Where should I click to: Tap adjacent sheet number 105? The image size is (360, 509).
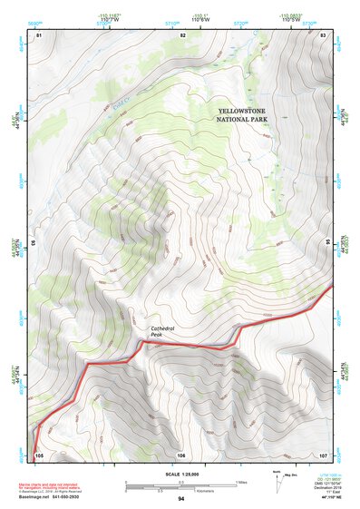pos(39,454)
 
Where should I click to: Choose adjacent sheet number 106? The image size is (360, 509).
pos(181,454)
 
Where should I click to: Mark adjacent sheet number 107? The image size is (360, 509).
pos(323,454)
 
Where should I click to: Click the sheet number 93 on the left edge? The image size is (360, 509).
pos(33,243)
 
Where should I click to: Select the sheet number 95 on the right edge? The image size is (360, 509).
pos(328,243)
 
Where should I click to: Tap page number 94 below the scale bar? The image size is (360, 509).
pos(181,499)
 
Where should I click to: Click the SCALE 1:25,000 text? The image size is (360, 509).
pos(181,475)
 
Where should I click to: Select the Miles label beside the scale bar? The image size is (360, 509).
pos(241,482)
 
